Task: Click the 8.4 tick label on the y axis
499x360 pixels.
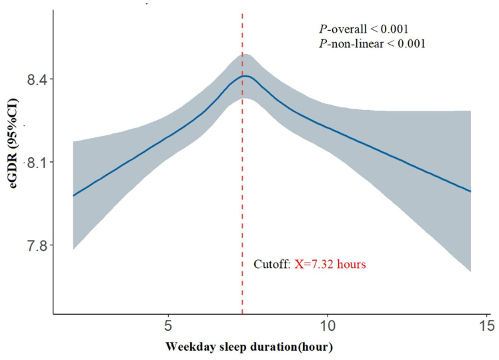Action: (32, 80)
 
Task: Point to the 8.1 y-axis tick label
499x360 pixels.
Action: (32, 163)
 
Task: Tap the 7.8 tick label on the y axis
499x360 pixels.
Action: (32, 245)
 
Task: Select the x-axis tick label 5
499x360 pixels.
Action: (168, 328)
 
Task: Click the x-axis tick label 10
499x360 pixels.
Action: (327, 328)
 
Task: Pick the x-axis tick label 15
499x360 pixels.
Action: (486, 328)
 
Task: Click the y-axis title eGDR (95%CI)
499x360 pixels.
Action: (13, 163)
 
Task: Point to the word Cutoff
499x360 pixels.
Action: (272, 265)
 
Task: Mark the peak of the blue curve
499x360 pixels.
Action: (245, 76)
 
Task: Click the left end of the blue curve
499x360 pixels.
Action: (73, 195)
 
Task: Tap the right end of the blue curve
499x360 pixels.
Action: (471, 191)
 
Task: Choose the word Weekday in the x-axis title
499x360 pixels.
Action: (187, 347)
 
